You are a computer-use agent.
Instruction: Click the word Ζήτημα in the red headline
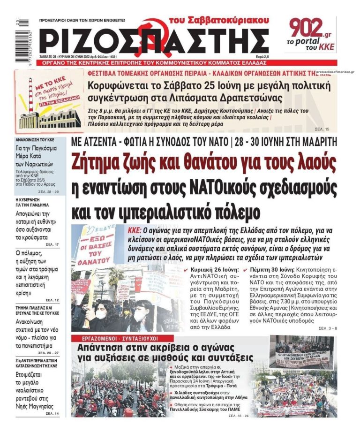click(100, 164)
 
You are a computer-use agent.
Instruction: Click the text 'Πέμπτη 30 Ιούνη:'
click(270, 271)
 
